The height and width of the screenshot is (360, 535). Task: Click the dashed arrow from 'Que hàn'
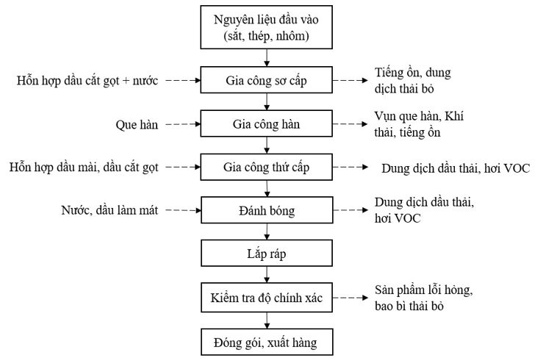182,124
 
